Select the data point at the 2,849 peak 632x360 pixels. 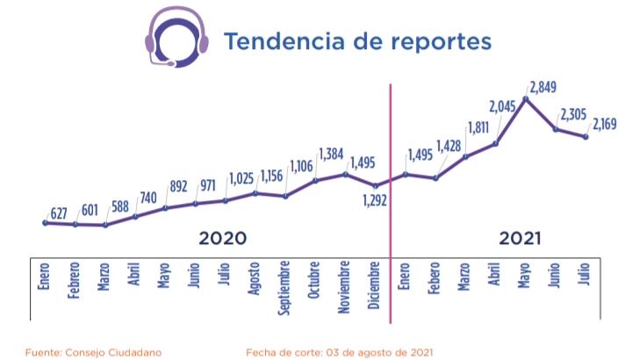point(525,98)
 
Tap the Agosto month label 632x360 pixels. point(254,280)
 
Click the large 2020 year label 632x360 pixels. point(223,239)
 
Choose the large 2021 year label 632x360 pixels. point(520,239)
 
